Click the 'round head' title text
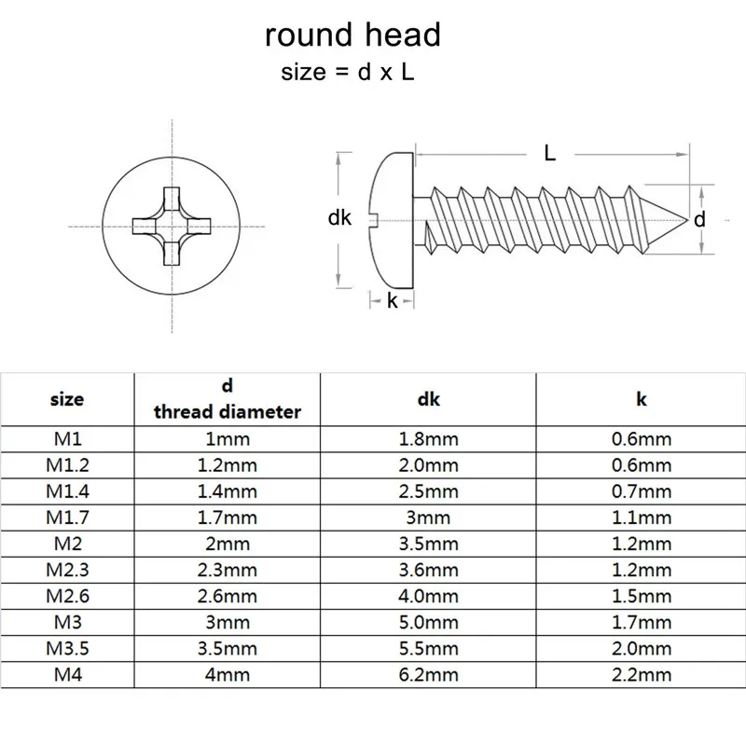352,35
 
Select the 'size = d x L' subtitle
347,74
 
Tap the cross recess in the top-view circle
170,225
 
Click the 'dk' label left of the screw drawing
339,217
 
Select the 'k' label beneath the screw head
392,301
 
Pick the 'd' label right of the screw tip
698,219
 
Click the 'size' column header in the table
66,399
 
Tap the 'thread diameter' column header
228,411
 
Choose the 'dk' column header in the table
429,399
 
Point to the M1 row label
66,439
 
